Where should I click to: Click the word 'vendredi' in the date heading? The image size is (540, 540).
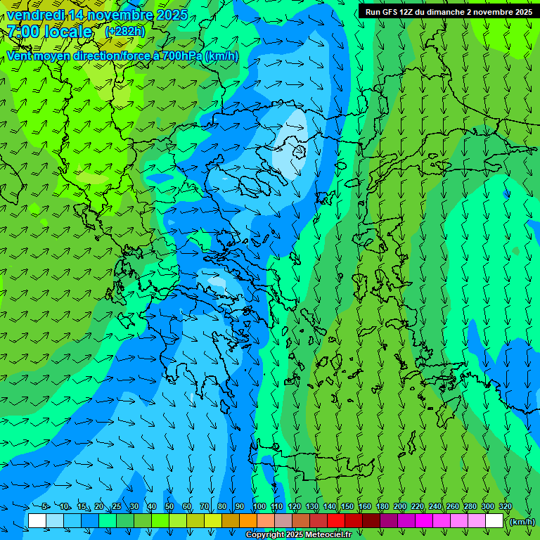[x=35, y=15]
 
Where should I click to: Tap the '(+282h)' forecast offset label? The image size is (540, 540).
[x=124, y=31]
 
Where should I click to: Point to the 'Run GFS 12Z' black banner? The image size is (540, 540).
[x=449, y=12]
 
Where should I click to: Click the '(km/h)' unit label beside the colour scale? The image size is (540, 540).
[x=522, y=522]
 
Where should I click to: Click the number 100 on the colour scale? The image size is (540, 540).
[x=259, y=507]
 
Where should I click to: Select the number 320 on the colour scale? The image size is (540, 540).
[x=505, y=507]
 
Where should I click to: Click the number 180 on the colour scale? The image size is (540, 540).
[x=382, y=507]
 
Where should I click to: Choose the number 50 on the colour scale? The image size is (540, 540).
[x=169, y=507]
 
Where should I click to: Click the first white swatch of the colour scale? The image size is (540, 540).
[x=37, y=521]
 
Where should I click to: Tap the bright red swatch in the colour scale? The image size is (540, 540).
[x=336, y=521]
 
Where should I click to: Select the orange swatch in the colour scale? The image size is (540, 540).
[x=248, y=521]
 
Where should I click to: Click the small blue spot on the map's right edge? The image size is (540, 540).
[x=506, y=193]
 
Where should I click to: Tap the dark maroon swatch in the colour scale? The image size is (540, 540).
[x=371, y=521]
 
